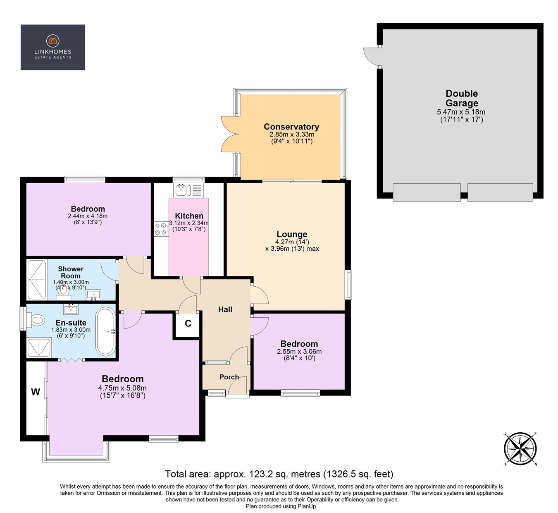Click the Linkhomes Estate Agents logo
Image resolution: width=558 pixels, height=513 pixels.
click(53, 47)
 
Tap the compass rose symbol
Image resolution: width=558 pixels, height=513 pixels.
click(520, 449)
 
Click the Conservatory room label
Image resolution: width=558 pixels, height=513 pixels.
click(291, 127)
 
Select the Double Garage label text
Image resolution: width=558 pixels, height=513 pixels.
click(462, 98)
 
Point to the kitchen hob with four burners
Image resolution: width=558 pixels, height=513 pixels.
click(161, 229)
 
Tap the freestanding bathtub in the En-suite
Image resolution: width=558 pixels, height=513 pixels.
click(106, 331)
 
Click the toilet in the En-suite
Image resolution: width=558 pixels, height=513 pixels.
click(36, 320)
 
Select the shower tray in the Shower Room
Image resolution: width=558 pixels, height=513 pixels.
click(37, 279)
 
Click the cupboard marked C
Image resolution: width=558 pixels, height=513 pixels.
click(188, 324)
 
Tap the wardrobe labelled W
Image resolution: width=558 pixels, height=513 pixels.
click(36, 392)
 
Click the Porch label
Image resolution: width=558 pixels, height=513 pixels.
click(229, 377)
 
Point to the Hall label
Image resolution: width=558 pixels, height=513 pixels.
click(225, 309)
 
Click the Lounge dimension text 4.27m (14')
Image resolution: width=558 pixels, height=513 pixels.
click(292, 242)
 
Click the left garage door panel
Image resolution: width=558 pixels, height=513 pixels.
click(426, 192)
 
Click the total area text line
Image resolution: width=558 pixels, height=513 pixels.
click(279, 474)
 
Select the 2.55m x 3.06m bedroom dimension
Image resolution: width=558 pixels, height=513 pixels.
click(299, 352)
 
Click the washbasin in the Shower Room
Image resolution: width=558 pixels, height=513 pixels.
click(94, 295)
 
